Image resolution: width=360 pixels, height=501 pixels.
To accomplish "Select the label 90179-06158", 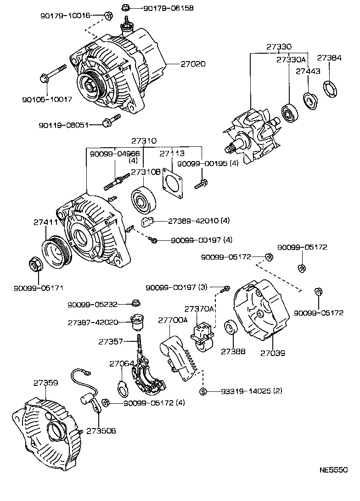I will [168, 8].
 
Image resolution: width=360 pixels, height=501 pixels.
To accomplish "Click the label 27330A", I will [291, 59].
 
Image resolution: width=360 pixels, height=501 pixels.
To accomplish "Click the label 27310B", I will [146, 172].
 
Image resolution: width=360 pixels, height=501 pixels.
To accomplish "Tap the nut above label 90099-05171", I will [35, 265].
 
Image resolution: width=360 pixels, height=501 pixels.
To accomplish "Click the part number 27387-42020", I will [95, 322].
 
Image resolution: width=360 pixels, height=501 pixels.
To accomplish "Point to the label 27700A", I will [173, 320].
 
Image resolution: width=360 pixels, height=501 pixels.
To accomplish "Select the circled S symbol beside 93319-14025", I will [203, 391].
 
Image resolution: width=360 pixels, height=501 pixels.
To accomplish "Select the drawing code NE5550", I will [333, 470].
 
